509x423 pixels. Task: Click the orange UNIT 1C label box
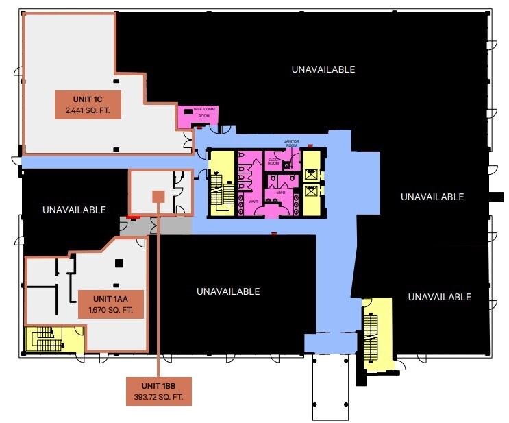point(88,104)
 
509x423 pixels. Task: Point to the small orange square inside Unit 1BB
point(158,197)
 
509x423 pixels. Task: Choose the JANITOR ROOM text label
point(292,144)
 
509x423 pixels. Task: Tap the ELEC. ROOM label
point(273,162)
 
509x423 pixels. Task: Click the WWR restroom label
point(253,202)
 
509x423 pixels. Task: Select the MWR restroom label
point(280,193)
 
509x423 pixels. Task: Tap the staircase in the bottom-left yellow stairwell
point(44,339)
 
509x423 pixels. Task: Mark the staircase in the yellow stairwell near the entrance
point(371,336)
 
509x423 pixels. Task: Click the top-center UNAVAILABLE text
point(323,69)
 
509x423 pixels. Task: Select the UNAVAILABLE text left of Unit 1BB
point(74,210)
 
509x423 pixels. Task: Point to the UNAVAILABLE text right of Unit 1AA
point(228,291)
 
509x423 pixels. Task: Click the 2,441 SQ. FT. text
point(88,110)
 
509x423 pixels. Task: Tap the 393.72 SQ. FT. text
point(159,397)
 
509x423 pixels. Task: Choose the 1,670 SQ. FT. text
point(110,311)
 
